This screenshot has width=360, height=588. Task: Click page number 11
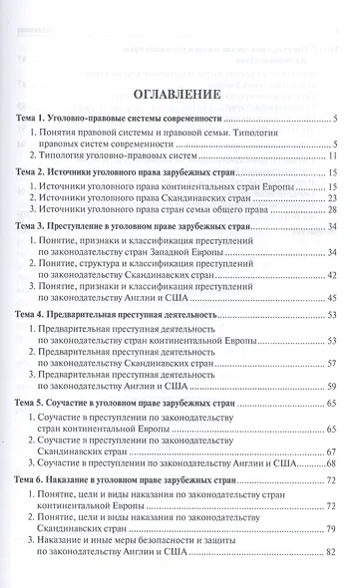[x=335, y=156]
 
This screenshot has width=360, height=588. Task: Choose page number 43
[x=335, y=297]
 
